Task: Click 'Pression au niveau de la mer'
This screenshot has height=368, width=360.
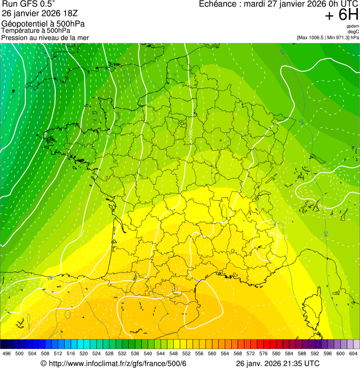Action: click(45, 37)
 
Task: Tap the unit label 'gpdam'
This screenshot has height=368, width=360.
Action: click(353, 26)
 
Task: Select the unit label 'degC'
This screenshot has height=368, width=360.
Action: click(353, 32)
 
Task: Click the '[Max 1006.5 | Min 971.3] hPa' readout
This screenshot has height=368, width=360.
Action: click(328, 37)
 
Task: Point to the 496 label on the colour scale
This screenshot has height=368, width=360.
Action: click(7, 353)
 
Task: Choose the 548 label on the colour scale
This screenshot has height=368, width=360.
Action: click(174, 353)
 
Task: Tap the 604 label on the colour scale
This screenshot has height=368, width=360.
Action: click(353, 353)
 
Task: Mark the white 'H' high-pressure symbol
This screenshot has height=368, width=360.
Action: click(272, 232)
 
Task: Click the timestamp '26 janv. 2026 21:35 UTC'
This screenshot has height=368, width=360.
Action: click(278, 364)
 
